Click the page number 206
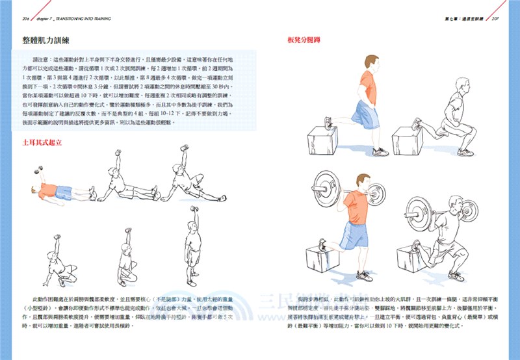pos(16,19)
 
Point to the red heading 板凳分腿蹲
pos(303,40)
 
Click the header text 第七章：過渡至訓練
pos(463,19)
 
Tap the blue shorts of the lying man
pos(64,192)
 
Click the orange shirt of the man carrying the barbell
pos(355,208)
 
